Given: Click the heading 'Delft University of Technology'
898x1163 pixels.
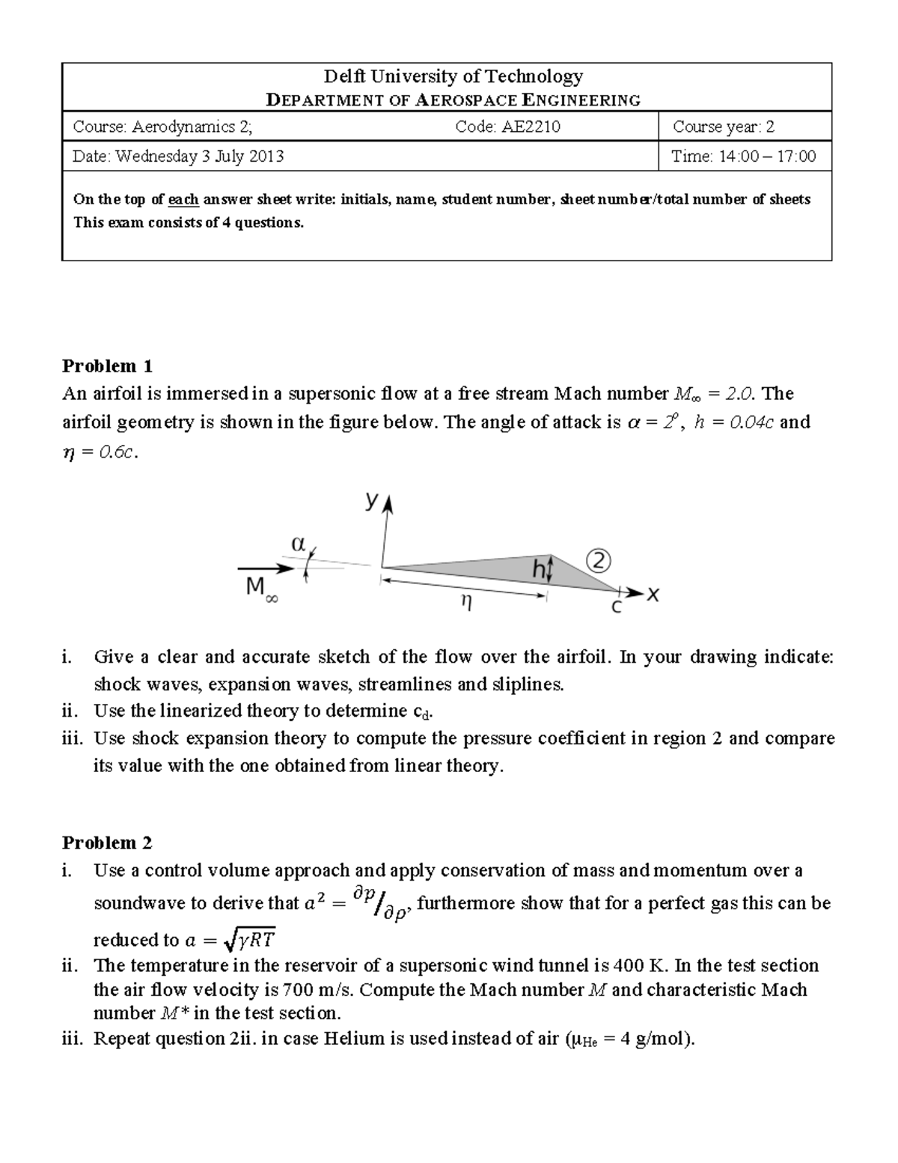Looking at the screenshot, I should [x=453, y=76].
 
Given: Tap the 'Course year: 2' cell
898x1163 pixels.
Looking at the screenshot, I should [x=723, y=127].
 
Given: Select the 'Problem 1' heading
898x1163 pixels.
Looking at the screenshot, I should [x=107, y=365].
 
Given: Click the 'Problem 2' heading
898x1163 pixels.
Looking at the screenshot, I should [x=107, y=842].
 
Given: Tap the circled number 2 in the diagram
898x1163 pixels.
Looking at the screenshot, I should [x=599, y=561].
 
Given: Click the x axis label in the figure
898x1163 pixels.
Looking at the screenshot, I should [x=653, y=595].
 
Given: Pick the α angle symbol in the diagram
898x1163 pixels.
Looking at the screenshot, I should [x=297, y=544].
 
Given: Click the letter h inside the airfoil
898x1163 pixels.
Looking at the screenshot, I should [x=539, y=571].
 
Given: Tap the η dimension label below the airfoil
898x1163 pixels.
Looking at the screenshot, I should [x=465, y=601].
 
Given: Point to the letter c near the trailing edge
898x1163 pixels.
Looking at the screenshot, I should [x=616, y=607].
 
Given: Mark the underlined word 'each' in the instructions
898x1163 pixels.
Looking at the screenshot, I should [x=183, y=199].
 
